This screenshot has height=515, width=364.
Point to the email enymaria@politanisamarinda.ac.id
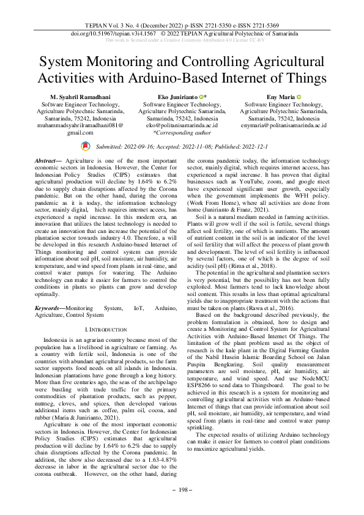pos(284,125)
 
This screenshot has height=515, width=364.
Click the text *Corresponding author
pos(182,132)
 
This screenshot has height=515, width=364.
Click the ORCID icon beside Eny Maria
pos(299,97)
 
